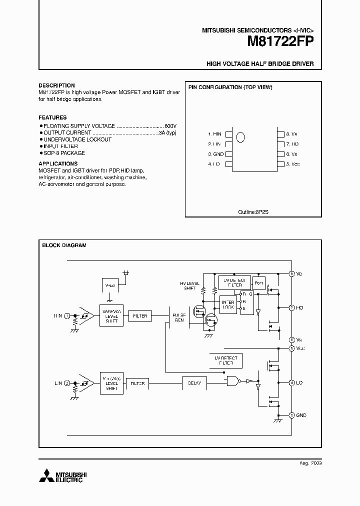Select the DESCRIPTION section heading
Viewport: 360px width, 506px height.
(x=56, y=85)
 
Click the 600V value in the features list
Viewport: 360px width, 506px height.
(x=170, y=126)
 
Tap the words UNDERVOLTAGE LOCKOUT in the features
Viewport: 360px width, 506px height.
(x=77, y=139)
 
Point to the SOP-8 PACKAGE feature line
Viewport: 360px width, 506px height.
(x=64, y=153)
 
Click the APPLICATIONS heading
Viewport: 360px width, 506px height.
(x=58, y=163)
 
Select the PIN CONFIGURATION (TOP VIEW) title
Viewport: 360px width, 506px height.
(x=230, y=87)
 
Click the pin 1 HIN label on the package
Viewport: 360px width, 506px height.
(x=215, y=134)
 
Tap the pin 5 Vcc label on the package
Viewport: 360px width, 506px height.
(x=293, y=164)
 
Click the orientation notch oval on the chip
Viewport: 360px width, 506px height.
(x=240, y=137)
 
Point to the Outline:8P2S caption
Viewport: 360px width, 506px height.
(x=253, y=211)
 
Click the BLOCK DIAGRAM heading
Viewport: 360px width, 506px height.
(x=64, y=245)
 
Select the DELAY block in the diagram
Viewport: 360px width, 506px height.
(x=194, y=383)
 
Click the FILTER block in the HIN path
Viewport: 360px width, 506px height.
(x=140, y=316)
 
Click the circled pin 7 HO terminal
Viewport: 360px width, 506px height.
(x=292, y=308)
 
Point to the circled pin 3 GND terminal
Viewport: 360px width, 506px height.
(x=292, y=415)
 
